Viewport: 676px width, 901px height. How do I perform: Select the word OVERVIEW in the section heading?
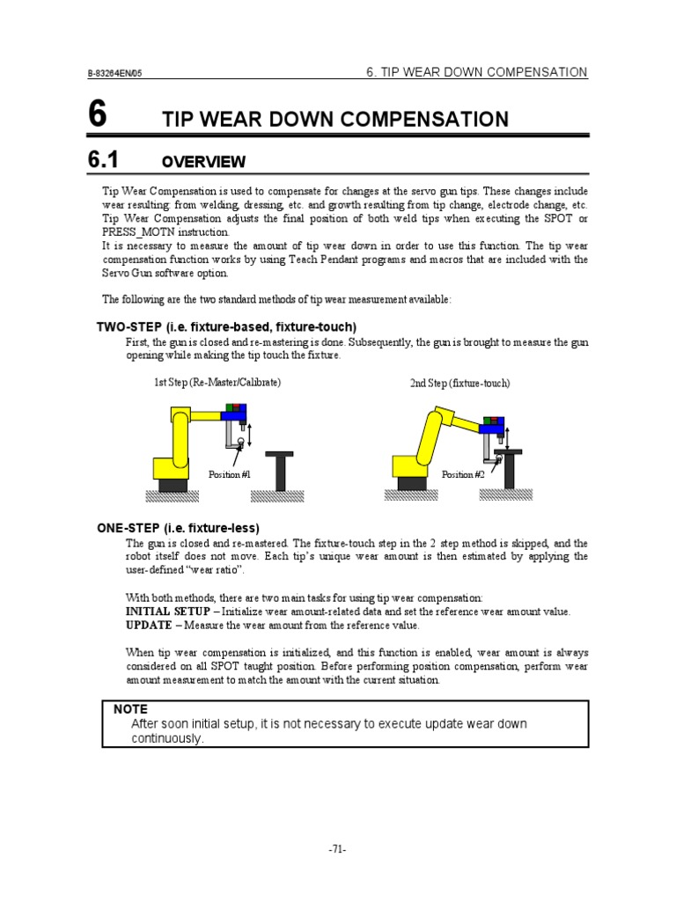click(x=204, y=162)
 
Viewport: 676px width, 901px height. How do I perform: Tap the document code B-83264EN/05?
click(x=114, y=75)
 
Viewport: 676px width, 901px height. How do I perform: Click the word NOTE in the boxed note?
click(x=131, y=709)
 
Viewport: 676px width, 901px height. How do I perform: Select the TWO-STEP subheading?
click(x=226, y=326)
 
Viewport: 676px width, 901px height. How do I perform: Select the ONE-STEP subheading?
click(x=178, y=528)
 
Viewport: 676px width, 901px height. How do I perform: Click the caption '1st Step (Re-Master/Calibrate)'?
click(x=218, y=383)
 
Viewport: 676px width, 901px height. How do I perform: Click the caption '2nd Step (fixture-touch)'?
click(x=459, y=384)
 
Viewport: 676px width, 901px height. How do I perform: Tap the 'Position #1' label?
click(x=230, y=475)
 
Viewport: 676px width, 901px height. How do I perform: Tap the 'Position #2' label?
click(x=463, y=475)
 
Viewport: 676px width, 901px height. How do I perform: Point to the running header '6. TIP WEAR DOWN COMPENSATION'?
click(x=476, y=72)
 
